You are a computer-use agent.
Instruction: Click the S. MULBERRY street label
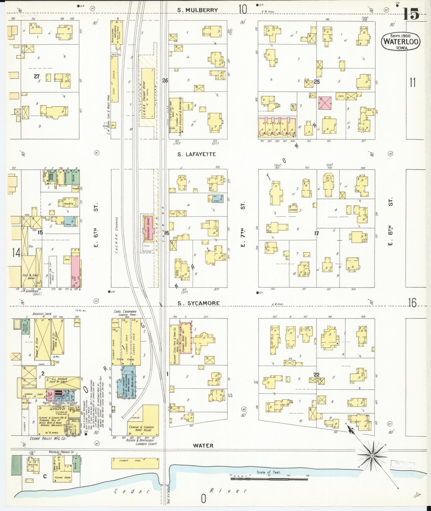pos(197,10)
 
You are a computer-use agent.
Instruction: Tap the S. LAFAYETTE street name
pos(197,154)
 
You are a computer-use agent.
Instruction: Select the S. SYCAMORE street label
pos(199,303)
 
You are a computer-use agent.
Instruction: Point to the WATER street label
pos(203,445)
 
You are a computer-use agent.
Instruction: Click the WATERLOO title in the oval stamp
pos(401,42)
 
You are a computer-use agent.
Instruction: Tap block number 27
pos(36,76)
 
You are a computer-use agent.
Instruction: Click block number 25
pos(316,81)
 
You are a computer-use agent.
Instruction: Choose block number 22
pos(316,375)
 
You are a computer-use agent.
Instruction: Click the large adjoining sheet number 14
pos(16,253)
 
